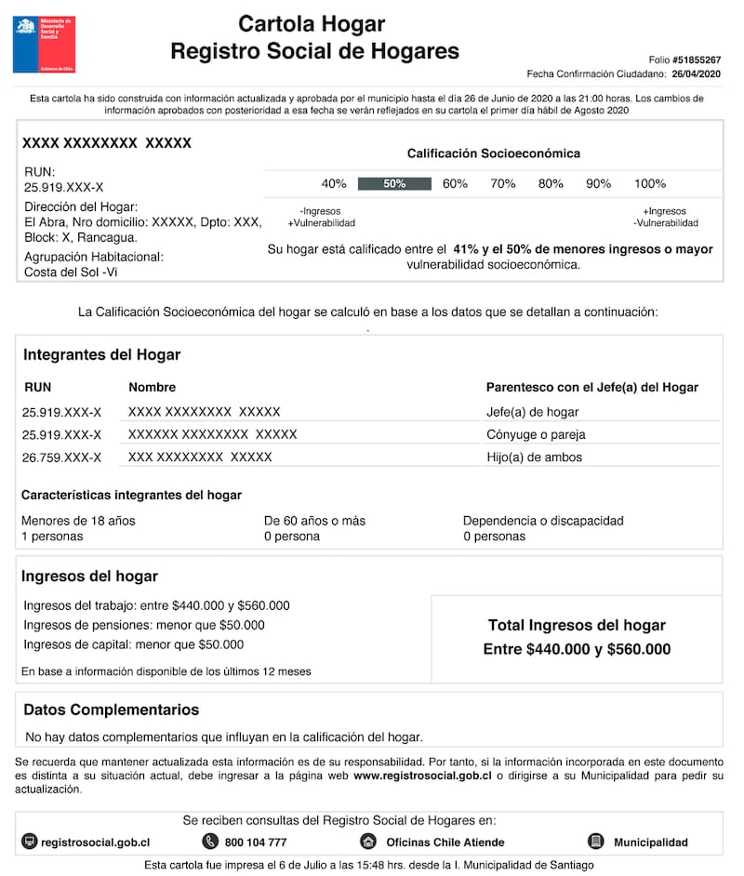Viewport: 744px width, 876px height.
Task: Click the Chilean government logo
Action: [44, 44]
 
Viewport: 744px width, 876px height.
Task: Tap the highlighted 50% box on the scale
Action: [394, 183]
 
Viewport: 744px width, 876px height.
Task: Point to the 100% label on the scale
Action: [650, 183]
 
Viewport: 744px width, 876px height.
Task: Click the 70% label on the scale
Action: [503, 183]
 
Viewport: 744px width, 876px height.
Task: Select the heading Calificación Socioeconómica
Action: [493, 153]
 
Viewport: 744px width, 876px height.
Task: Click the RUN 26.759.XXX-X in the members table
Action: [61, 458]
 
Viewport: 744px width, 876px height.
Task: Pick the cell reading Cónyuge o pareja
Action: [536, 434]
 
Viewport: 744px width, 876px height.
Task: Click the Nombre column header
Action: [152, 387]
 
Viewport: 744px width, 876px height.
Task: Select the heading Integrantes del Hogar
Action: [101, 354]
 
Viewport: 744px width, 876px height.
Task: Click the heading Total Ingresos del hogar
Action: [577, 626]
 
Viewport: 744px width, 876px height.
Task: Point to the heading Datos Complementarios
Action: [111, 710]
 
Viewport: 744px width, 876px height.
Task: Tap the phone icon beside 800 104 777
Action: [209, 842]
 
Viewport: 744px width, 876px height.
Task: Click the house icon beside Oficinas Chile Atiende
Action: [368, 842]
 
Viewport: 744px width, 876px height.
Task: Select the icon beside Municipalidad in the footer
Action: [596, 842]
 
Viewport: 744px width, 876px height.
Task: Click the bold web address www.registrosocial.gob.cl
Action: [422, 775]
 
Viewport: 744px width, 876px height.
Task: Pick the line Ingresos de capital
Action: [134, 644]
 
